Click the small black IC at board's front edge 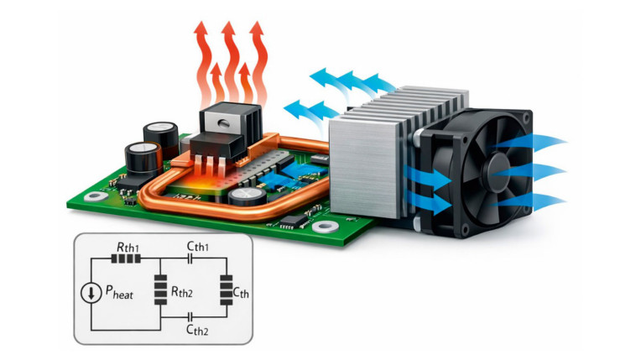[290, 222]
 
